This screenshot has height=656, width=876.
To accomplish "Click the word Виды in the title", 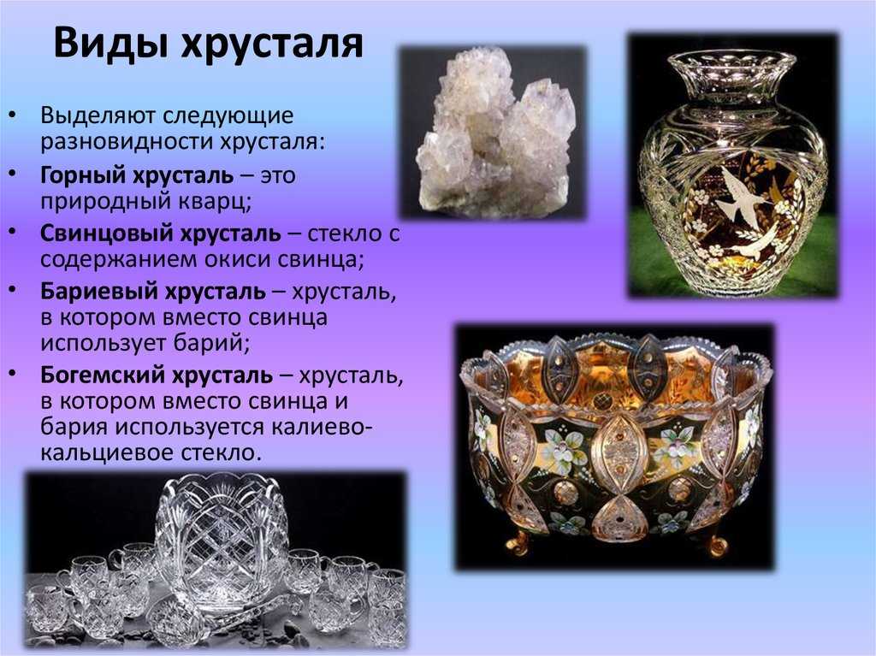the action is (x=109, y=44).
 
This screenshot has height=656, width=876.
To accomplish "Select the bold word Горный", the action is (x=83, y=176).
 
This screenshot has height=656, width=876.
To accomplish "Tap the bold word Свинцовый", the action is (x=104, y=233).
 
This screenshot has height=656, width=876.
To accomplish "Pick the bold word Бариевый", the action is (x=96, y=292).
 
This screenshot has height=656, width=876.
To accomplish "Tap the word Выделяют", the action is (x=98, y=116).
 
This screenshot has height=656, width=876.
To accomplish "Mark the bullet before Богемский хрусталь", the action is (x=12, y=372).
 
